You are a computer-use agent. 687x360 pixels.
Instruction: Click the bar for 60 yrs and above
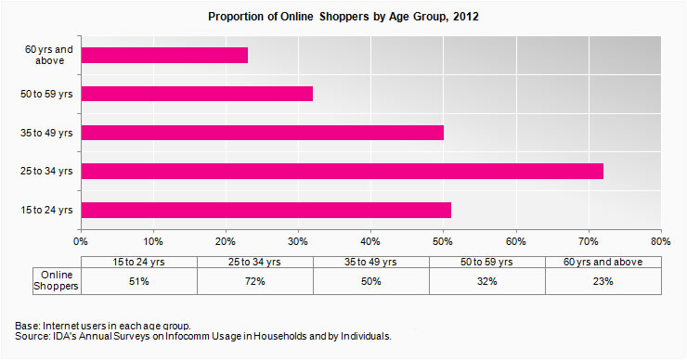point(164,55)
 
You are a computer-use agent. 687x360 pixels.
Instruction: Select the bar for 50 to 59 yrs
point(197,94)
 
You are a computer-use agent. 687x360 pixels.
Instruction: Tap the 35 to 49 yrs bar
point(262,133)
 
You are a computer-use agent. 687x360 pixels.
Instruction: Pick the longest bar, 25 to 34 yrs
point(342,171)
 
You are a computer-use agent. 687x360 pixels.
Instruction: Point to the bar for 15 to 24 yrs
point(266,210)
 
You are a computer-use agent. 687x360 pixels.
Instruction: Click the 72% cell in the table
point(255,281)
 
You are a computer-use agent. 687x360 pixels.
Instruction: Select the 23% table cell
point(603,281)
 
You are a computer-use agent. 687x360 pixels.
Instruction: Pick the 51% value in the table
point(139,281)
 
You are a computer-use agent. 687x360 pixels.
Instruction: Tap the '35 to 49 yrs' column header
point(371,262)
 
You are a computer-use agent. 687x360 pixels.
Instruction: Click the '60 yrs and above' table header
point(603,262)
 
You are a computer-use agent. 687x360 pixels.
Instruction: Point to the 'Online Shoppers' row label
point(55,281)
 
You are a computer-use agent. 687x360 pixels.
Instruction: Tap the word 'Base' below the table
point(28,325)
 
